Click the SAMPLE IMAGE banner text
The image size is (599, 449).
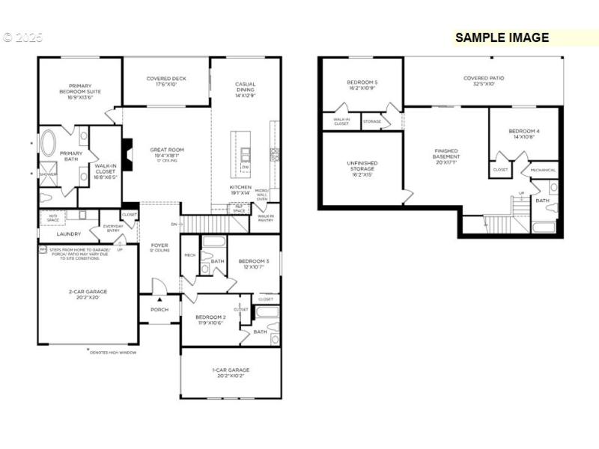tap(502, 37)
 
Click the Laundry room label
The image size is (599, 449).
tap(68, 233)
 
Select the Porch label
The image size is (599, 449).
tap(159, 309)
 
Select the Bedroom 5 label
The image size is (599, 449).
tap(362, 85)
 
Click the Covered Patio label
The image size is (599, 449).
tap(484, 80)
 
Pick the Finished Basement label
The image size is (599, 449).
tap(446, 155)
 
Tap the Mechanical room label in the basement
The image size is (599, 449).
tap(543, 170)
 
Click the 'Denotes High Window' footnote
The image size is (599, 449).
tap(114, 351)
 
